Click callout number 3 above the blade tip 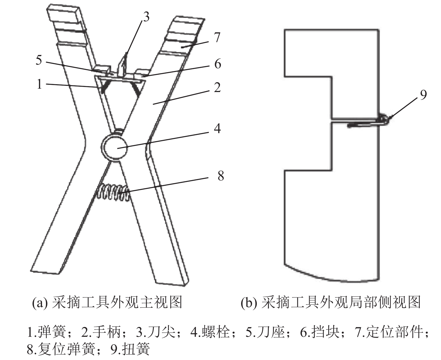(x=146, y=17)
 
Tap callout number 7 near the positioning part (x=217, y=37)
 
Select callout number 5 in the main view (x=39, y=60)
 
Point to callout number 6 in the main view (x=218, y=64)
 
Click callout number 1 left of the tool (x=39, y=84)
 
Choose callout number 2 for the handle (x=217, y=88)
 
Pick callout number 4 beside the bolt (x=217, y=129)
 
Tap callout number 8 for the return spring (x=221, y=176)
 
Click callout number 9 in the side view (x=423, y=95)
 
